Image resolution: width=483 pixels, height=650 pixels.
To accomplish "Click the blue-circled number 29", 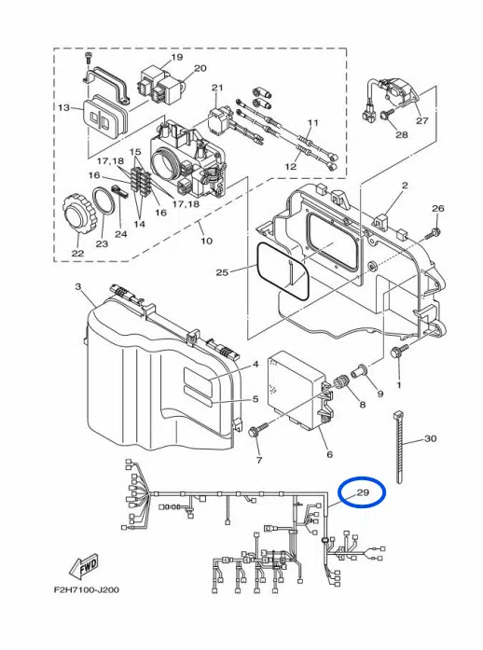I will click(x=363, y=492).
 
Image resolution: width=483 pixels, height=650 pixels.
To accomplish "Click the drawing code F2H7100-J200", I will click(x=86, y=589).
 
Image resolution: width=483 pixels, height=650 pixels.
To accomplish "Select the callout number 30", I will click(x=430, y=438).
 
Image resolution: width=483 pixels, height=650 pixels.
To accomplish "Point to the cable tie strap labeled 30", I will click(x=400, y=448).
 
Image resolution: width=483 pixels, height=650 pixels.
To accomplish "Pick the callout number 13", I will click(x=63, y=108).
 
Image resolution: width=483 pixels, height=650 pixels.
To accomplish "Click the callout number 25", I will click(x=221, y=272).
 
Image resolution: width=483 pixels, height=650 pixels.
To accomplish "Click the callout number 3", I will click(x=77, y=286).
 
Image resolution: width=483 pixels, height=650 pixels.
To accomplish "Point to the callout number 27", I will click(x=421, y=120).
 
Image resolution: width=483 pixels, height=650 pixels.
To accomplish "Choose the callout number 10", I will click(x=206, y=241).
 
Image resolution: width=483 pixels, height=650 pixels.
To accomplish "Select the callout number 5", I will click(x=255, y=399).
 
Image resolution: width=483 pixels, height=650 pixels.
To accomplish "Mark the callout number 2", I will click(x=405, y=186).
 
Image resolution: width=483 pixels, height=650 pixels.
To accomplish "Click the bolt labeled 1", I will click(x=400, y=353).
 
